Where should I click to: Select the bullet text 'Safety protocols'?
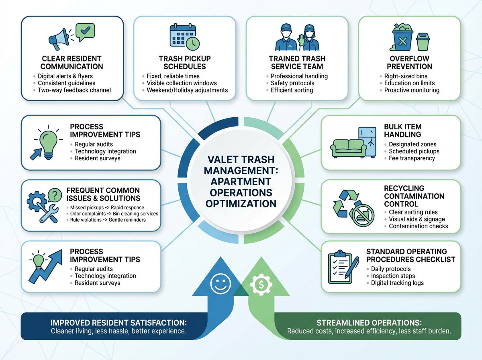pyautogui.click(x=292, y=83)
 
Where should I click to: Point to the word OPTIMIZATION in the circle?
pyautogui.click(x=241, y=203)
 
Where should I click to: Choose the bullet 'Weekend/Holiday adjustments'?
pyautogui.click(x=187, y=90)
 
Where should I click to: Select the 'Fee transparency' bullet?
pyautogui.click(x=412, y=158)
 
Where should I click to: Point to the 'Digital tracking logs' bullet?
pyautogui.click(x=397, y=283)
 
